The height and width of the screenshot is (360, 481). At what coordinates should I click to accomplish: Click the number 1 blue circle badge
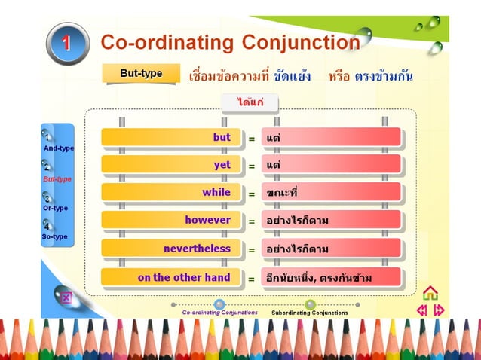pyautogui.click(x=67, y=43)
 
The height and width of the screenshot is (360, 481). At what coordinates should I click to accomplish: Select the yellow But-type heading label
pyautogui.click(x=142, y=73)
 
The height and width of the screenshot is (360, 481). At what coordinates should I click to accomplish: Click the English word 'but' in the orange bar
pyautogui.click(x=222, y=138)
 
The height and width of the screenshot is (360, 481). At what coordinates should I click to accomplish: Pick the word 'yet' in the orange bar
pyautogui.click(x=222, y=165)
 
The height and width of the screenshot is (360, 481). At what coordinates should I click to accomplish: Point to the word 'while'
pyautogui.click(x=216, y=192)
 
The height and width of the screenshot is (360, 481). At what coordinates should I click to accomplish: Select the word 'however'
pyautogui.click(x=208, y=220)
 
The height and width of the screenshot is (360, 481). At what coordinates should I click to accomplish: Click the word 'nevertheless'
pyautogui.click(x=198, y=248)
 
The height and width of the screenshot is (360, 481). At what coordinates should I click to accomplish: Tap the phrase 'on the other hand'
pyautogui.click(x=184, y=277)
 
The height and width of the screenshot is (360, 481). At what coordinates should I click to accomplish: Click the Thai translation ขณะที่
pyautogui.click(x=283, y=193)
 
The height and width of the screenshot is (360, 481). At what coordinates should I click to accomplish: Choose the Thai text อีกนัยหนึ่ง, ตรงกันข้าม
pyautogui.click(x=319, y=278)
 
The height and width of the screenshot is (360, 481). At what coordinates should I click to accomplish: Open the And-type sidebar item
pyautogui.click(x=58, y=148)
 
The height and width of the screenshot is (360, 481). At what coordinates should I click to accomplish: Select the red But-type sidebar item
pyautogui.click(x=57, y=179)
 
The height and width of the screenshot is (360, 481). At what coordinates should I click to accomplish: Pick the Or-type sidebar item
pyautogui.click(x=55, y=208)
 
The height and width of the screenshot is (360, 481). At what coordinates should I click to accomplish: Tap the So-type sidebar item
pyautogui.click(x=54, y=236)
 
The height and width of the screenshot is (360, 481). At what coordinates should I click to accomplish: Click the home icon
pyautogui.click(x=430, y=292)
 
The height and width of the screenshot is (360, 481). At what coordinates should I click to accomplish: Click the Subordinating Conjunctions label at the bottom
pyautogui.click(x=310, y=312)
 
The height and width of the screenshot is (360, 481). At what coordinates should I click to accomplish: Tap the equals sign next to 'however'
pyautogui.click(x=252, y=221)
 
